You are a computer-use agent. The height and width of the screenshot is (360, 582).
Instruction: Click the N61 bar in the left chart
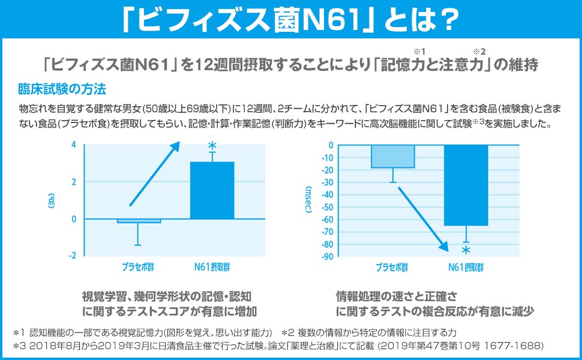tap(212, 191)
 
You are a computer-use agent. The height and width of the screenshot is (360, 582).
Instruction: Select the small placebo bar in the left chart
tap(139, 221)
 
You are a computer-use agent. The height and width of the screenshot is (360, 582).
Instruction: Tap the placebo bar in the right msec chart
tap(392, 157)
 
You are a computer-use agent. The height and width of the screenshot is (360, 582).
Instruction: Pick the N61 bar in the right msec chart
tap(466, 185)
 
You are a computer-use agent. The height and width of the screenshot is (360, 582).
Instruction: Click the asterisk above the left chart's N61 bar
tap(211, 146)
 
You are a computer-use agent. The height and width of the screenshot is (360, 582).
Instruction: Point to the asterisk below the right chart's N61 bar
tap(466, 250)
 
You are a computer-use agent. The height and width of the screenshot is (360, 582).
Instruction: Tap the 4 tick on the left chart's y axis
tap(73, 145)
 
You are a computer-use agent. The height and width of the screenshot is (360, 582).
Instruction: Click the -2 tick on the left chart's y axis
tap(72, 256)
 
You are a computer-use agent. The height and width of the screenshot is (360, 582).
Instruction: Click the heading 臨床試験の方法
tap(62, 90)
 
